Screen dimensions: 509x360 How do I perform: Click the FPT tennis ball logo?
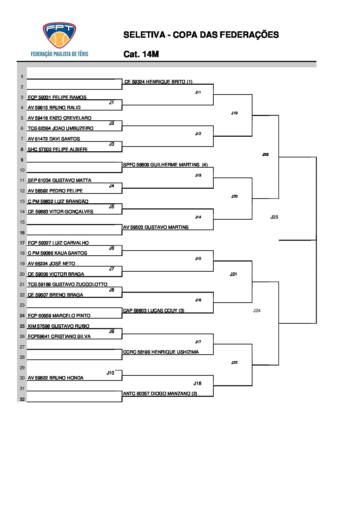(59, 35)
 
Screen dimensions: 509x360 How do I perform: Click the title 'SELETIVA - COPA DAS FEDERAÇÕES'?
(201, 35)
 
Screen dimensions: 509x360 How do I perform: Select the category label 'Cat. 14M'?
(141, 54)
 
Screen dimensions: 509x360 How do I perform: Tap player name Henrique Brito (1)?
(158, 82)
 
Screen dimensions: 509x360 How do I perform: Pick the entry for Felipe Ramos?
(57, 97)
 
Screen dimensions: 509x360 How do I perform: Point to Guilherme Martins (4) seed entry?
(165, 165)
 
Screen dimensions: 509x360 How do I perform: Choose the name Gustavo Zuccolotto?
(67, 284)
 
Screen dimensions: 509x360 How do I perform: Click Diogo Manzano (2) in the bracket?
(160, 393)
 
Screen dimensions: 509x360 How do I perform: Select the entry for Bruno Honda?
(55, 378)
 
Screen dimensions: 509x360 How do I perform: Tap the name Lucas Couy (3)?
(153, 310)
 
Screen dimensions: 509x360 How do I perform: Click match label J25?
(274, 217)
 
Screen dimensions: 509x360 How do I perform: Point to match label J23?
(265, 154)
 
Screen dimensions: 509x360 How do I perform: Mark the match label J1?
(112, 102)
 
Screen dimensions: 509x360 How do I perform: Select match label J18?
(197, 383)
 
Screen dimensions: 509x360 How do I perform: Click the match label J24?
(257, 310)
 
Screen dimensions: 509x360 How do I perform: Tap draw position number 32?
(22, 399)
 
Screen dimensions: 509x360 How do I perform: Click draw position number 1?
(22, 77)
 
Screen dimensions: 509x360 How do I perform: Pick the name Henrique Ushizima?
(161, 352)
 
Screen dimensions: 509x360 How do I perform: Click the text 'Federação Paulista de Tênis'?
(60, 54)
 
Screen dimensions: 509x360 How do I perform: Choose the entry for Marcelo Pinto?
(59, 316)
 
